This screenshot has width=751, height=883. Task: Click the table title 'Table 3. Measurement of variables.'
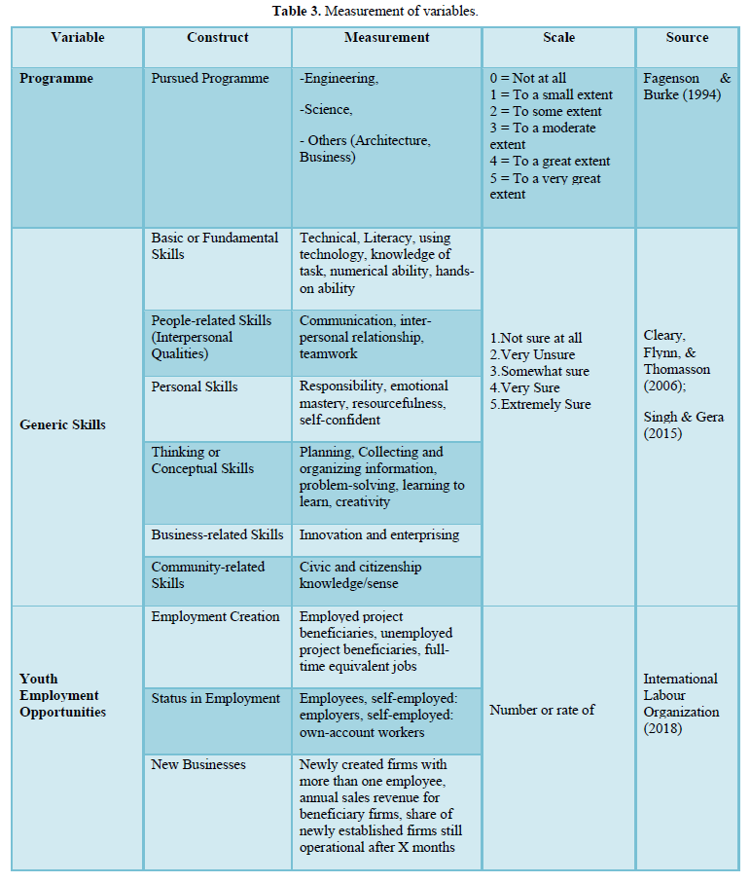(x=375, y=12)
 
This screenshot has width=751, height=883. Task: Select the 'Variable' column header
(x=77, y=38)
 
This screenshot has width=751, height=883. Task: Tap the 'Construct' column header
(x=217, y=38)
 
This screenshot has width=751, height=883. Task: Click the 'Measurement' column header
(x=386, y=38)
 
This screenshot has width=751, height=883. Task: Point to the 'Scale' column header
(x=558, y=38)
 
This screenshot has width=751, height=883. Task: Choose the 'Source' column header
(x=687, y=38)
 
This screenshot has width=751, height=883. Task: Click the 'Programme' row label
(x=56, y=79)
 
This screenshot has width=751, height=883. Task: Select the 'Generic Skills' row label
(x=63, y=424)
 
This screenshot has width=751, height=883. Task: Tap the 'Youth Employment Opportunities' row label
(x=59, y=695)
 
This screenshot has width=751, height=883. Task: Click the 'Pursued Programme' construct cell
(x=210, y=79)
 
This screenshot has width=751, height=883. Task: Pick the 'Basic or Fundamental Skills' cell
(x=214, y=246)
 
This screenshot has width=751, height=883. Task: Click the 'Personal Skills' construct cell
(x=195, y=386)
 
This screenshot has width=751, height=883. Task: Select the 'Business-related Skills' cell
(x=217, y=534)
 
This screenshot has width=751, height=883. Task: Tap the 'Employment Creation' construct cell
(x=215, y=616)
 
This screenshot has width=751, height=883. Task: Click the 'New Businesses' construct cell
(x=198, y=764)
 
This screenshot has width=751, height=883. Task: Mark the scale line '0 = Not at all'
(x=527, y=79)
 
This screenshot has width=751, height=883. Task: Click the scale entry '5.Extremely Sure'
(x=540, y=404)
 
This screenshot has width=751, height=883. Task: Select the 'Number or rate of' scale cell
(x=542, y=710)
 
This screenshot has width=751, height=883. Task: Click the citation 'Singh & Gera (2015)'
(x=683, y=425)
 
